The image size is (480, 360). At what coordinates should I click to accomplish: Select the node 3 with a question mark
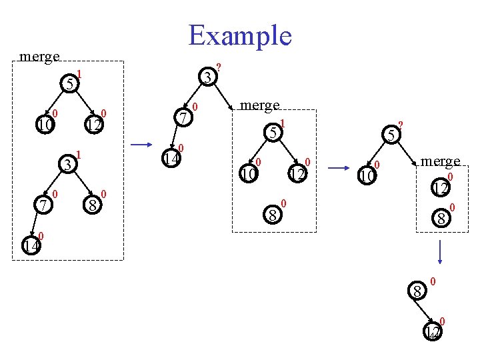209,78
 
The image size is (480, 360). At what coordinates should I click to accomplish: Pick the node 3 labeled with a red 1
67,164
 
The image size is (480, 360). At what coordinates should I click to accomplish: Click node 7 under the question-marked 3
183,117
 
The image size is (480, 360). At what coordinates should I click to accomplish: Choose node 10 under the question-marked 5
366,176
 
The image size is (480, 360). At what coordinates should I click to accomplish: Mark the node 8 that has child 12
417,291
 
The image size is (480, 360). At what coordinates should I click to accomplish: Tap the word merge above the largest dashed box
40,57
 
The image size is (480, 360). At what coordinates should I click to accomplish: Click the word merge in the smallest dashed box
440,161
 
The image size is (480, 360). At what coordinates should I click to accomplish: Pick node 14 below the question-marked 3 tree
172,159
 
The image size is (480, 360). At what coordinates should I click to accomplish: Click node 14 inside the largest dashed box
30,246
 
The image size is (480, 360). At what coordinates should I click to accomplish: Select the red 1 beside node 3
79,154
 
